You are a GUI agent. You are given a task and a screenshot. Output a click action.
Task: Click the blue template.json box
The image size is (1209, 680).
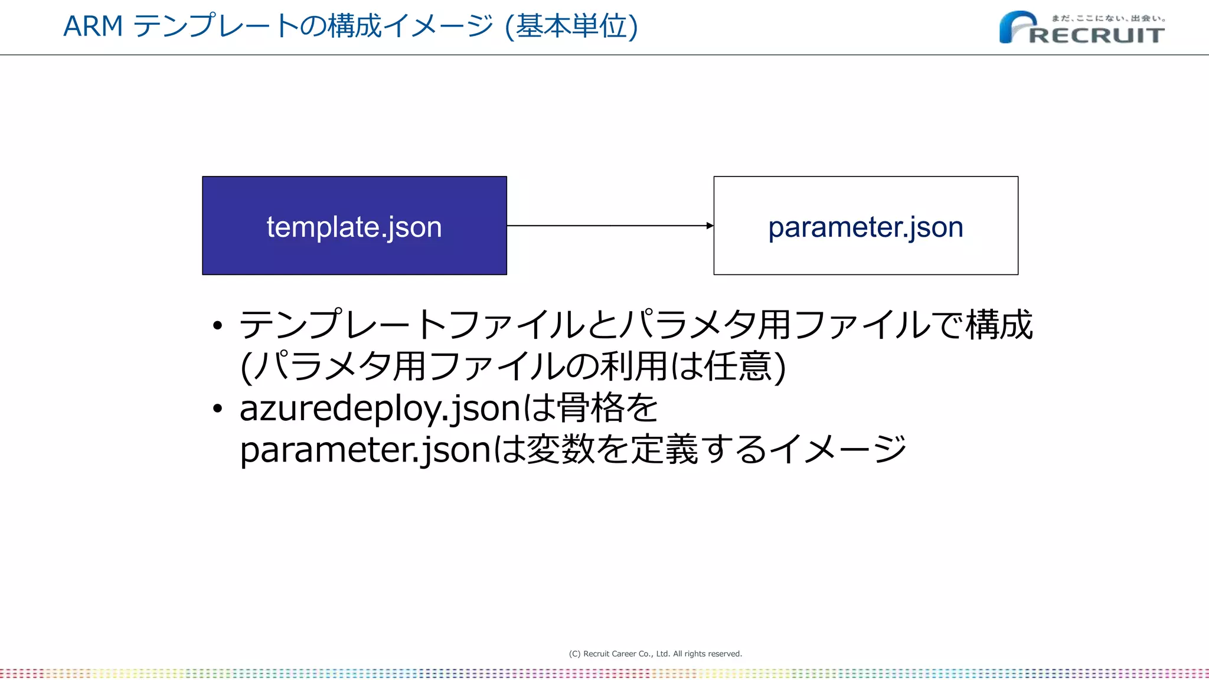pyautogui.click(x=354, y=225)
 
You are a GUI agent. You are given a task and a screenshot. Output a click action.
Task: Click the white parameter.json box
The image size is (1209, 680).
pyautogui.click(x=865, y=225)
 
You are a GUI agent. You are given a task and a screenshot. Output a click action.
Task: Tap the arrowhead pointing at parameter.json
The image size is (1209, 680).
pyautogui.click(x=710, y=225)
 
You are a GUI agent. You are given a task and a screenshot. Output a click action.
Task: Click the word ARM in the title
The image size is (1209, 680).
pyautogui.click(x=93, y=27)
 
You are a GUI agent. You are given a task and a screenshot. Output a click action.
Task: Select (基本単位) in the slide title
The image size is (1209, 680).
pyautogui.click(x=571, y=27)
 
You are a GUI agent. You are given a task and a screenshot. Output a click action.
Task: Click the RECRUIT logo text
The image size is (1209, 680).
pyautogui.click(x=1097, y=35)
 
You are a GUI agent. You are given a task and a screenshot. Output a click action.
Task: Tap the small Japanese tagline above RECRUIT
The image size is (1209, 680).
pyautogui.click(x=1108, y=18)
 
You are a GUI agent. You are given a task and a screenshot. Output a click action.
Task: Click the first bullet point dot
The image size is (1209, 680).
pyautogui.click(x=218, y=325)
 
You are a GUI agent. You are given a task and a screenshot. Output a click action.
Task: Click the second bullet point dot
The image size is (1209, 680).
pyautogui.click(x=218, y=408)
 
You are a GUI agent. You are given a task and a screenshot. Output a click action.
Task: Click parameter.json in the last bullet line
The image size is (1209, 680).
pyautogui.click(x=365, y=450)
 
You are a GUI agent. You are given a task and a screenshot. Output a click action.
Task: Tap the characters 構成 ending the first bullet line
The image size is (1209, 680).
pyautogui.click(x=999, y=325)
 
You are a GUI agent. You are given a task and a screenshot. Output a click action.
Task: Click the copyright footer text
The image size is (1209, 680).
pyautogui.click(x=655, y=653)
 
